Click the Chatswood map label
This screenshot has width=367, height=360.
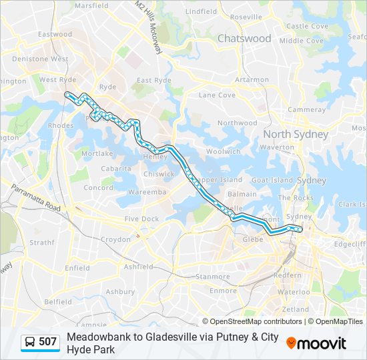[x=244, y=39]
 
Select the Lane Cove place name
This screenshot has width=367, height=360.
[x=217, y=95]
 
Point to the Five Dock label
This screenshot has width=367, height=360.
[x=141, y=219]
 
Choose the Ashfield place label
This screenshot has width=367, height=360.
[x=139, y=267]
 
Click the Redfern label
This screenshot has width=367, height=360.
[x=288, y=275]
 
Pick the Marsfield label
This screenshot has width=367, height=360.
[x=91, y=5]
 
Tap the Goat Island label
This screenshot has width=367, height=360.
[x=272, y=180]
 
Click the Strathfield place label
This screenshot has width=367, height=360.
[x=41, y=243]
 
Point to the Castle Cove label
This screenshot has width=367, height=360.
[x=307, y=26]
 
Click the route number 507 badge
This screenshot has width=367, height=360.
[x=47, y=342]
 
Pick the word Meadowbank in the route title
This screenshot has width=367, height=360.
[x=99, y=337]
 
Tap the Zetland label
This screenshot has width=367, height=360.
[x=296, y=309]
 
